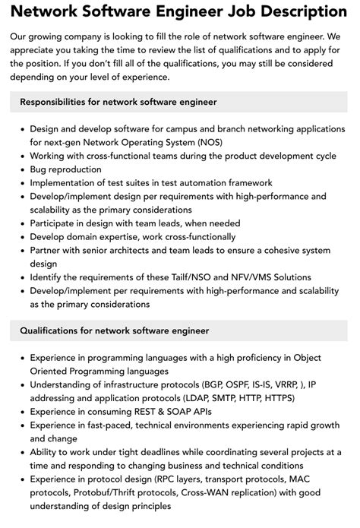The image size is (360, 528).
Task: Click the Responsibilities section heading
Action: pyautogui.click(x=118, y=101)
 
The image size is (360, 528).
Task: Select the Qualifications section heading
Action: pyautogui.click(x=114, y=330)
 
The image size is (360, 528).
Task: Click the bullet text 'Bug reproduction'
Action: pyautogui.click(x=65, y=169)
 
